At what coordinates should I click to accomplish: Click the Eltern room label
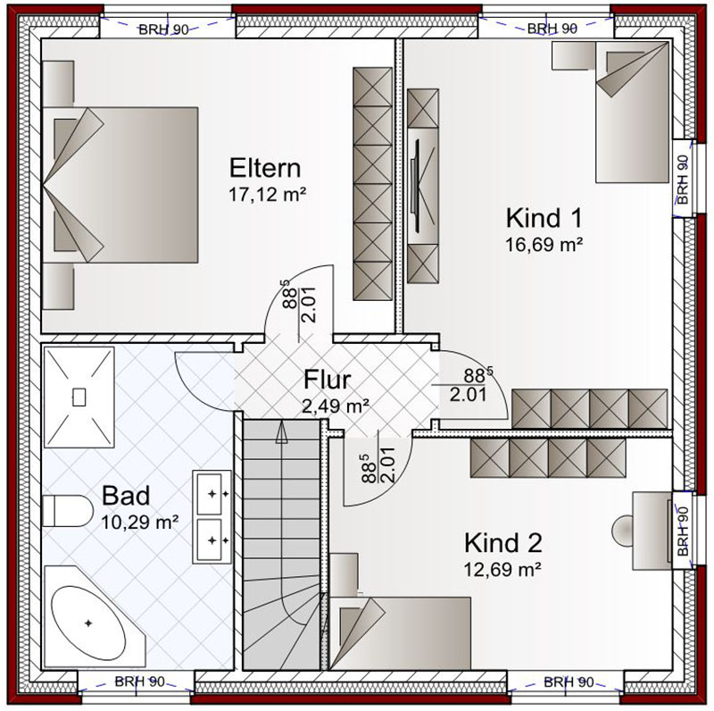pyautogui.click(x=265, y=168)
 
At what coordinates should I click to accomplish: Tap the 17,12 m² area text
pyautogui.click(x=267, y=195)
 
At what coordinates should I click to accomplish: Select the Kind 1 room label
pyautogui.click(x=544, y=218)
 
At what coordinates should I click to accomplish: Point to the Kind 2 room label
pyautogui.click(x=503, y=543)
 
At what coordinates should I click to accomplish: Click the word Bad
pyautogui.click(x=126, y=496)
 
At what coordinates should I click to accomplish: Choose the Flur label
pyautogui.click(x=327, y=380)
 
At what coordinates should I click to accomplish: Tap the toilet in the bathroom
pyautogui.click(x=68, y=510)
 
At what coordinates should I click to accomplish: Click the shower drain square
pyautogui.click(x=79, y=397)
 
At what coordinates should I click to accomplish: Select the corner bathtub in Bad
pyautogui.click(x=94, y=616)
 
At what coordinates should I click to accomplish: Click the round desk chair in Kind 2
pyautogui.click(x=622, y=530)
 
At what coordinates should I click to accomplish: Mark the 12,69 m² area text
pyautogui.click(x=502, y=569)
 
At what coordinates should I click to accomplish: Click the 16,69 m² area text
pyautogui.click(x=544, y=245)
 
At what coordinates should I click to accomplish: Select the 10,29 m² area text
pyautogui.click(x=139, y=523)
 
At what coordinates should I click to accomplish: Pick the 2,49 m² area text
pyautogui.click(x=336, y=406)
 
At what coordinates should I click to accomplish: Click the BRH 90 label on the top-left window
pyautogui.click(x=163, y=29)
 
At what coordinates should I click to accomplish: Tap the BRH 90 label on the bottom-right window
pyautogui.click(x=569, y=682)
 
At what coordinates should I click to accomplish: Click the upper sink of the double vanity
pyautogui.click(x=212, y=494)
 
